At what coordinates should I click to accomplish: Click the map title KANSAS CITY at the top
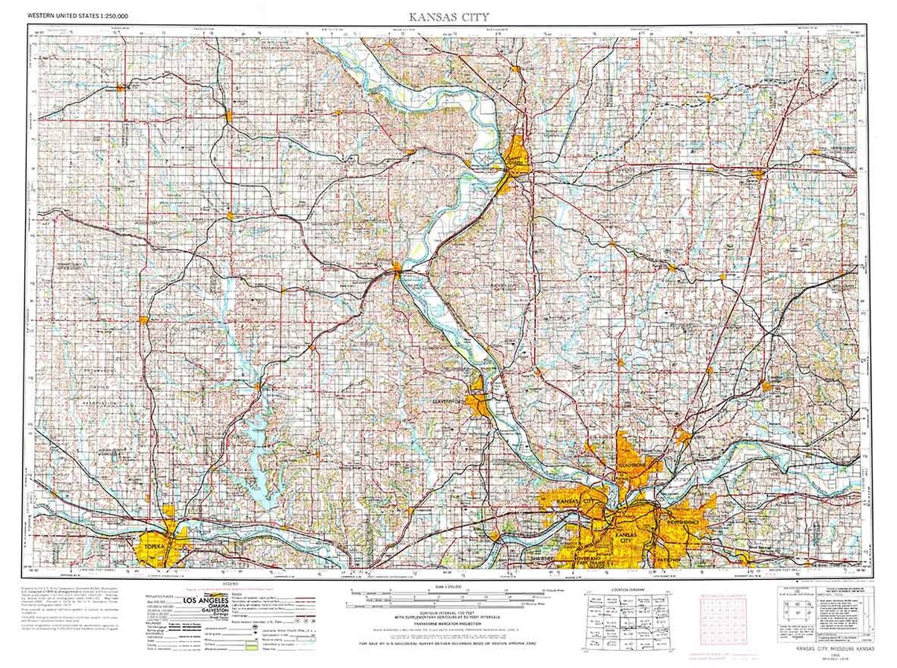click(x=448, y=16)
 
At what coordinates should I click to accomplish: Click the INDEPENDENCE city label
click(x=681, y=522)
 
